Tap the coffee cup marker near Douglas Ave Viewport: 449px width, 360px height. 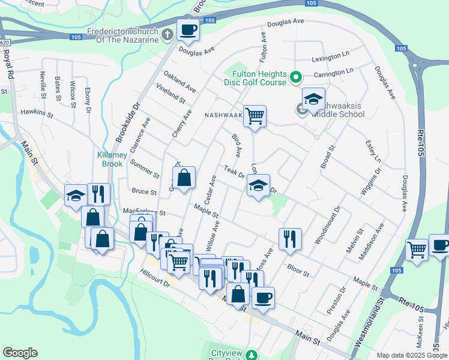(x=188, y=29)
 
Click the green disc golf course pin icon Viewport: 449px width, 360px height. (x=295, y=77)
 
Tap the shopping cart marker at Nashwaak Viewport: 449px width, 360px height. (x=255, y=115)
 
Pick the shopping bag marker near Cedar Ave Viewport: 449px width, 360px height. (x=184, y=178)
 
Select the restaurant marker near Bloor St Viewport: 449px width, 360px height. (x=290, y=238)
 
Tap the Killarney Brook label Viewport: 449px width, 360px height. (x=110, y=159)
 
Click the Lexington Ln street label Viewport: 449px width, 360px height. (x=330, y=59)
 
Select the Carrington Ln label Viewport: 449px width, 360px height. (x=333, y=73)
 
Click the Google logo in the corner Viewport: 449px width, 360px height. (x=20, y=353)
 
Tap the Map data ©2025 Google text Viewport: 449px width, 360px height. (x=411, y=355)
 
